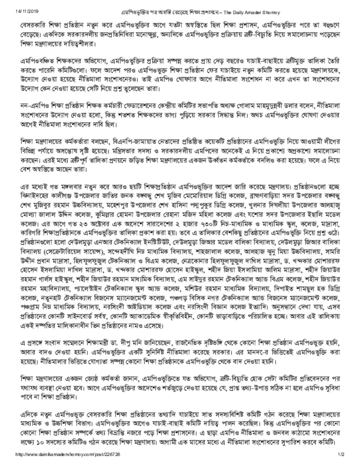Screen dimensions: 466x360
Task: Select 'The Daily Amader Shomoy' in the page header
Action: click(246, 10)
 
